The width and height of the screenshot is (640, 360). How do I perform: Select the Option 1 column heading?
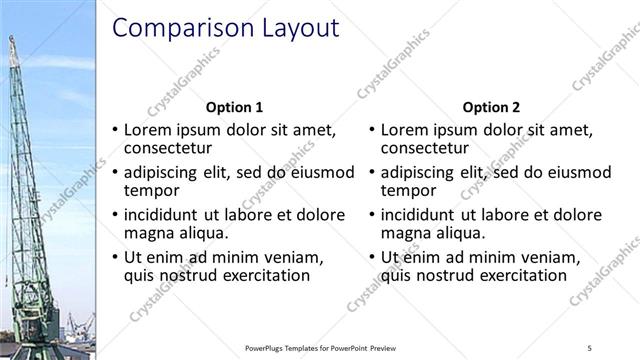tap(234, 107)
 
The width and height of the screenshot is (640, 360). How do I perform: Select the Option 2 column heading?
tap(492, 107)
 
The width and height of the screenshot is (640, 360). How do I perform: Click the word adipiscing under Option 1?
tap(166, 172)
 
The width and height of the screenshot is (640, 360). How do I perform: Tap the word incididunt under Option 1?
tap(166, 215)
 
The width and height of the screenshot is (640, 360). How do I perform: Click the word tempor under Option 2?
tap(409, 190)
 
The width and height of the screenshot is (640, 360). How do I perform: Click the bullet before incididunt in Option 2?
tap(372, 215)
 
